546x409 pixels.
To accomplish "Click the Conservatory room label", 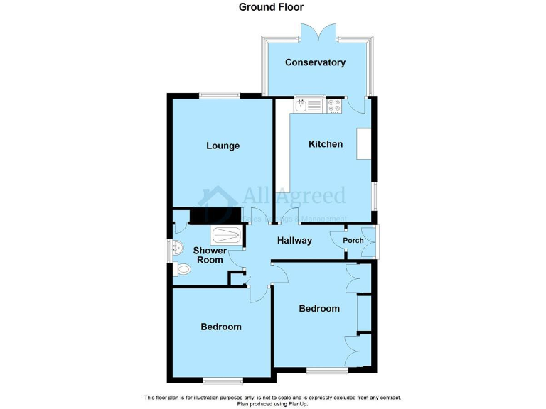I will click(x=315, y=62).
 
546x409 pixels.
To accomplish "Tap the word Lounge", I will click(x=223, y=146).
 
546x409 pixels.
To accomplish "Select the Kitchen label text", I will click(x=325, y=144).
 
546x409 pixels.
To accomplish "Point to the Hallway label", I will click(x=294, y=240).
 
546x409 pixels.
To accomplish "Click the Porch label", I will click(x=353, y=240).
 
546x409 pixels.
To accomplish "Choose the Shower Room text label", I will click(x=210, y=256).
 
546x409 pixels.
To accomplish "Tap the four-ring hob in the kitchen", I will click(x=334, y=105).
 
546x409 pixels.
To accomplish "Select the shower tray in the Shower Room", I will click(x=227, y=235).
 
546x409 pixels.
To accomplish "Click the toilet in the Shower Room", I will click(x=183, y=269).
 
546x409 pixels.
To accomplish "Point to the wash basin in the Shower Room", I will click(x=178, y=248).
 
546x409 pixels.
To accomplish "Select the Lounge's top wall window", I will click(x=219, y=95).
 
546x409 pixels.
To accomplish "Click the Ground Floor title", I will click(x=271, y=7).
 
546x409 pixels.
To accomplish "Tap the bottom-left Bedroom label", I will click(x=220, y=327).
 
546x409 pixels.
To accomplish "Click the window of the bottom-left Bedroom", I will click(x=220, y=378).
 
